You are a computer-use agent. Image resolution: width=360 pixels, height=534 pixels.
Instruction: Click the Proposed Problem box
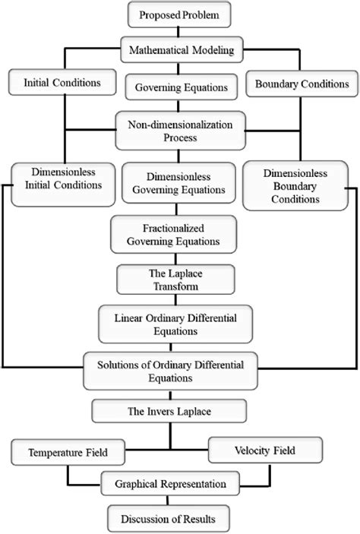(180, 14)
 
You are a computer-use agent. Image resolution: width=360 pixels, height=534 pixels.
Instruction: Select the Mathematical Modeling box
(179, 52)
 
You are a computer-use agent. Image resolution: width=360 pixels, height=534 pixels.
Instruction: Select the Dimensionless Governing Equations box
(178, 185)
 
